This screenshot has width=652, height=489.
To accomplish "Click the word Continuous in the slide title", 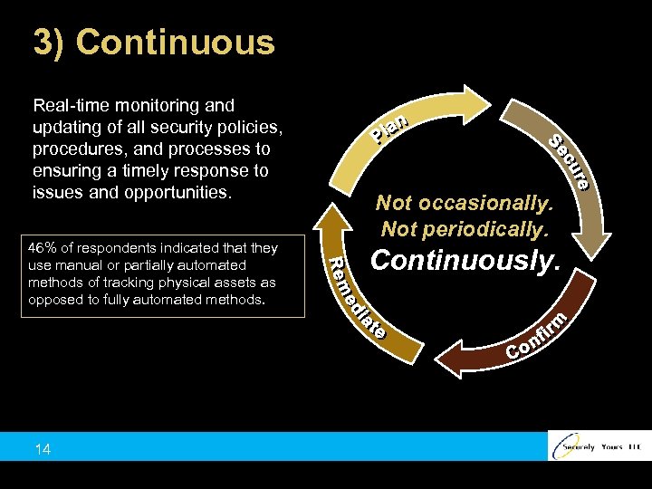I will coord(176,43).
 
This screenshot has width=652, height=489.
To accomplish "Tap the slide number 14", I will coord(42,450).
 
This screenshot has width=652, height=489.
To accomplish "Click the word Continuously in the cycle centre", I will coord(465,261).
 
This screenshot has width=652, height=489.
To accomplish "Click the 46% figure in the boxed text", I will coord(43,248).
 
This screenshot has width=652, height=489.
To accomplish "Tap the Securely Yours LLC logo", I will coord(599,446).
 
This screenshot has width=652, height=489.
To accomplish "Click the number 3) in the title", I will coord(50,43).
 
